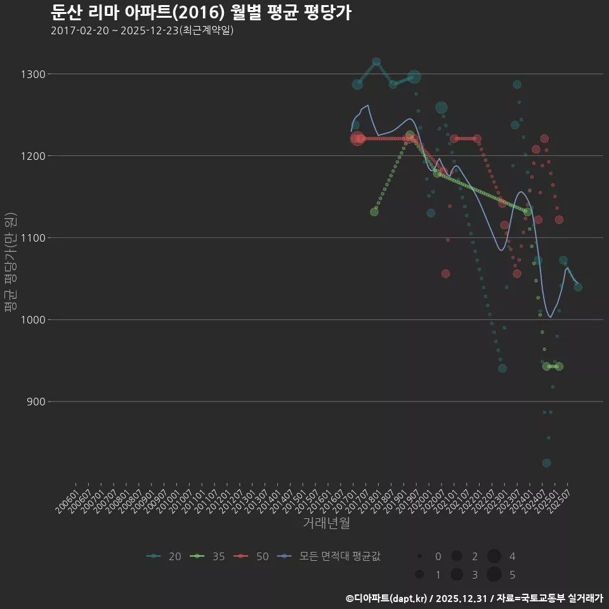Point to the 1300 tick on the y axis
pyautogui.click(x=32, y=74)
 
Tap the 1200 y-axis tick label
pyautogui.click(x=32, y=156)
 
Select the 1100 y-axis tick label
pyautogui.click(x=32, y=238)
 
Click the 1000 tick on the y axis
pyautogui.click(x=32, y=320)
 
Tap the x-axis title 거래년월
pyautogui.click(x=326, y=523)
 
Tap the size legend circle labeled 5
pyautogui.click(x=495, y=575)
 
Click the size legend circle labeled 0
pyautogui.click(x=419, y=556)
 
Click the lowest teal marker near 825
pyautogui.click(x=546, y=463)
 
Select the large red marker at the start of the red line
pyautogui.click(x=357, y=138)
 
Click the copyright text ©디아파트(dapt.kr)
pyautogui.click(x=386, y=598)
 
